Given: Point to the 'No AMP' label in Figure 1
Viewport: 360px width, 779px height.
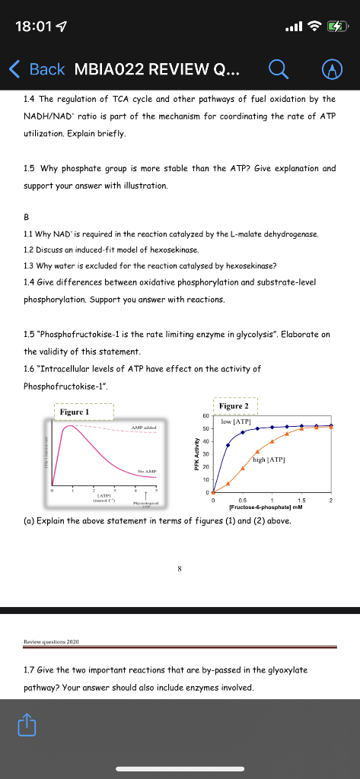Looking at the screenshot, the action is [x=144, y=472].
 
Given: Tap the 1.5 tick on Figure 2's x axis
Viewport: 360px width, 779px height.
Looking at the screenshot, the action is [x=301, y=501].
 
